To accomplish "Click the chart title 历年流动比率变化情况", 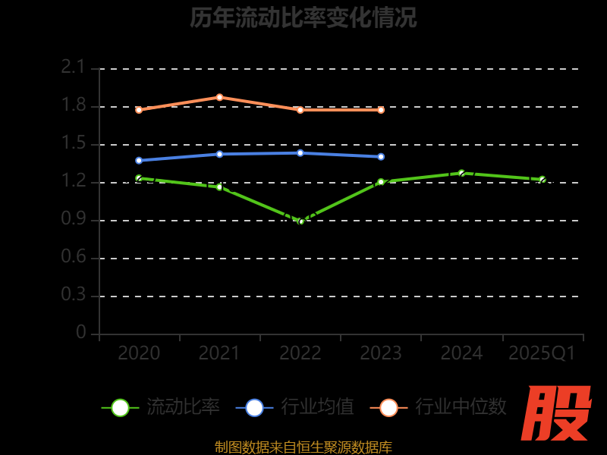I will pos(303,17).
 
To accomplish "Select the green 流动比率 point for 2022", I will pos(300,221).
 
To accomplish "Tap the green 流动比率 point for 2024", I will pos(461,173).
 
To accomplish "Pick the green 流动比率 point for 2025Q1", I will pos(542,180).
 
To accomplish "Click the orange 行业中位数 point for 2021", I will pos(219,97).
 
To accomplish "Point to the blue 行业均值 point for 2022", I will pos(300,152).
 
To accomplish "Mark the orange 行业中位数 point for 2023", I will pos(381,110).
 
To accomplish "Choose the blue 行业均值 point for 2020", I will pos(139,160).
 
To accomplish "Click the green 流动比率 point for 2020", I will pos(139,178).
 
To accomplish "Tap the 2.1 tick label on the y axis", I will pos(74,67).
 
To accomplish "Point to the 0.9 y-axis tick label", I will pos(74,219).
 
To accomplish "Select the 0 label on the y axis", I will pos(81,333).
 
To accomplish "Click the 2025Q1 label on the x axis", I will pos(542,353).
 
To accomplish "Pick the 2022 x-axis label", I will pos(300,353).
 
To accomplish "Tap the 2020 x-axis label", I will pos(139,353).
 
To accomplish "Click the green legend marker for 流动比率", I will pos(120,407).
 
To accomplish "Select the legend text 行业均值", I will pos(317,407).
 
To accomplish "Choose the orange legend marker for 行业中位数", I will pos(388,407).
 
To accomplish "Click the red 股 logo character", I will pos(558,413).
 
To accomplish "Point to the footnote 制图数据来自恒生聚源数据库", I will pos(303,447).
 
